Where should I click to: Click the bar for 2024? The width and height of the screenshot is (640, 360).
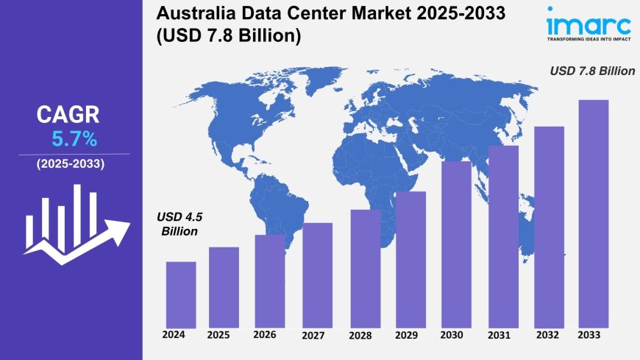[x=181, y=294]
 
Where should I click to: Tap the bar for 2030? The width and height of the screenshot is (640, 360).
[x=456, y=244]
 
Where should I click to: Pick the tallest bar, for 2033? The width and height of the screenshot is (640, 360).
[x=594, y=213]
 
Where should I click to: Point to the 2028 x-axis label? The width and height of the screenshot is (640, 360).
[x=360, y=336]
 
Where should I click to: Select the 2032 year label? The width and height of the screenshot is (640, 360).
[x=548, y=336]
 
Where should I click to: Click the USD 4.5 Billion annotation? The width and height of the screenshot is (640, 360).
[x=177, y=224]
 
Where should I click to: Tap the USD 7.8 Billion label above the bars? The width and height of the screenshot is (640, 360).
[x=593, y=71]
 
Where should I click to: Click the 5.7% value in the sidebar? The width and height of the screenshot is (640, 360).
[x=74, y=138]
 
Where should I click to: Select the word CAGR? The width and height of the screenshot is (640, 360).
[x=68, y=114]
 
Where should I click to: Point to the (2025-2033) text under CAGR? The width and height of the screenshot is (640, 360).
[x=71, y=163]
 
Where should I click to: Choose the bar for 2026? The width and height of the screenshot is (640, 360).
[x=270, y=280]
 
